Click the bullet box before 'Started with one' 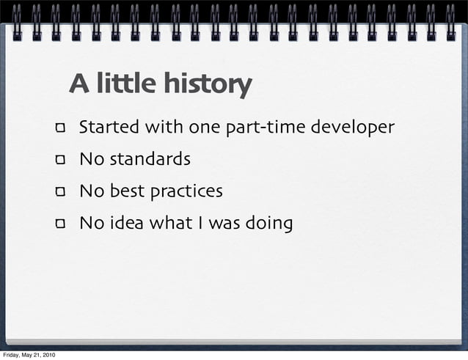coord(60,129)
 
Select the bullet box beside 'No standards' coord(60,161)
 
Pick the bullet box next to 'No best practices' coord(60,193)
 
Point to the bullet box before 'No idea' coord(60,224)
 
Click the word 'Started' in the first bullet coord(109,128)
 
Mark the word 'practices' coord(186,192)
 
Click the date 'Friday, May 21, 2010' coord(28,355)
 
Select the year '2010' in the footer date coord(47,355)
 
